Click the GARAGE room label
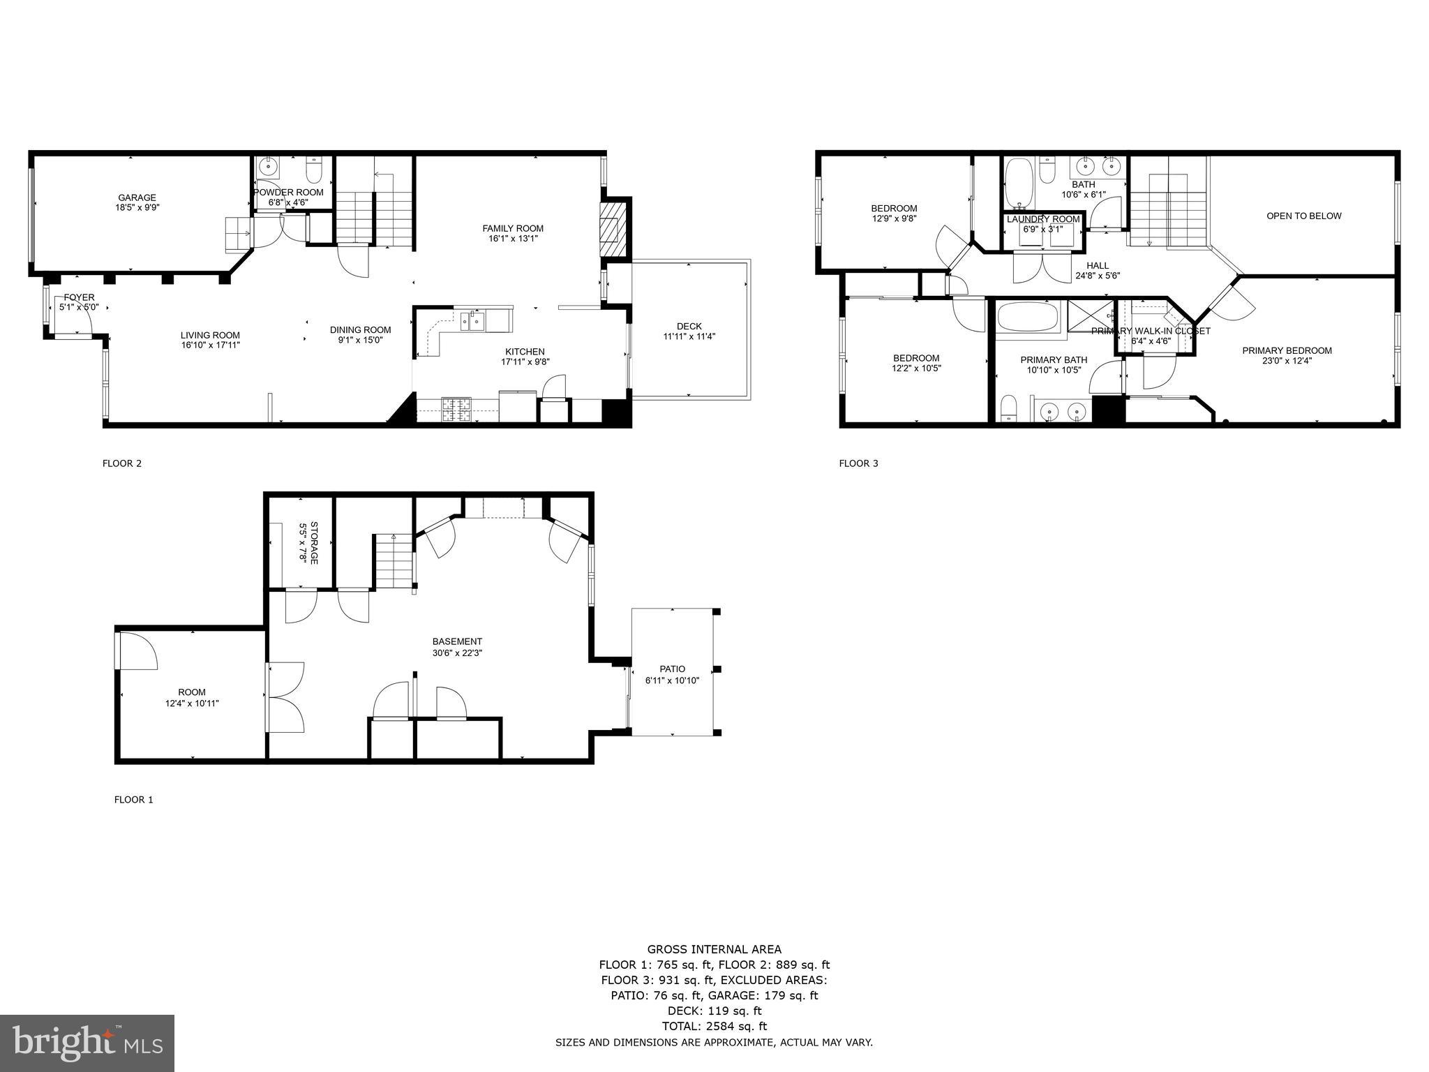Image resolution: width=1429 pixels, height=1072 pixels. pyautogui.click(x=137, y=198)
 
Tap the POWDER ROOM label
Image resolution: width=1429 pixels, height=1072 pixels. pyautogui.click(x=288, y=193)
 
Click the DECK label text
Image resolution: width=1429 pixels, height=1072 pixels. pyautogui.click(x=689, y=326)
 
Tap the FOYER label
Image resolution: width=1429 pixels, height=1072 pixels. pyautogui.click(x=78, y=297)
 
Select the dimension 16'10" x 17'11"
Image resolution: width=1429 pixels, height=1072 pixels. pyautogui.click(x=210, y=345)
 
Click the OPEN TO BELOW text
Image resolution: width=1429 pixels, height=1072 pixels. pyautogui.click(x=1303, y=216)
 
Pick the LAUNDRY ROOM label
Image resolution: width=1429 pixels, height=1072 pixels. pyautogui.click(x=1042, y=219)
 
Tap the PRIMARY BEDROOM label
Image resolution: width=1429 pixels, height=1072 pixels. pyautogui.click(x=1287, y=350)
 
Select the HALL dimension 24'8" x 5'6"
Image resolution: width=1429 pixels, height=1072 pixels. pyautogui.click(x=1098, y=275)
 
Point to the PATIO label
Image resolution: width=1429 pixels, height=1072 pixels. pyautogui.click(x=672, y=669)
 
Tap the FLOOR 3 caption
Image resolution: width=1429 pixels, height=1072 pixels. pyautogui.click(x=858, y=463)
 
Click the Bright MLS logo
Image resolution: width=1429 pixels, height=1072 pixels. pyautogui.click(x=87, y=1043)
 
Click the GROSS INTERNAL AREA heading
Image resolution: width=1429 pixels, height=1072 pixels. pyautogui.click(x=714, y=949)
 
